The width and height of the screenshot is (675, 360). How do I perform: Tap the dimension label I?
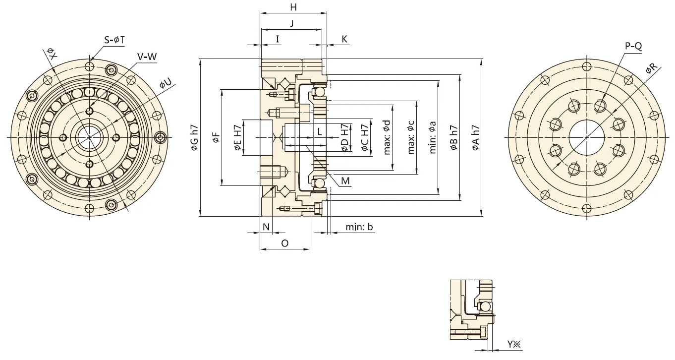point(278,39)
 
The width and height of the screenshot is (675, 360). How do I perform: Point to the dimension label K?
point(344,39)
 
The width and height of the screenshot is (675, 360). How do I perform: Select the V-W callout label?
point(147,57)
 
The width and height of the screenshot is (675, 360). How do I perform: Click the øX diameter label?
point(52,53)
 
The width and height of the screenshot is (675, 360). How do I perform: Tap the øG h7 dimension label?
point(194,137)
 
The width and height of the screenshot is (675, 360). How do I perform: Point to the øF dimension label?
point(216,137)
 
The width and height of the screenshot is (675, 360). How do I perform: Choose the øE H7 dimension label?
point(237,137)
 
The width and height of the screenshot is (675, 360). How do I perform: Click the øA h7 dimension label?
point(476,137)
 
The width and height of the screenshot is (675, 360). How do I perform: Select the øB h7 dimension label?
point(453,137)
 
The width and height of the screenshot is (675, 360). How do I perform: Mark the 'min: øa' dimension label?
point(432,137)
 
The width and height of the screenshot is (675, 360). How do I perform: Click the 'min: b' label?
point(359,227)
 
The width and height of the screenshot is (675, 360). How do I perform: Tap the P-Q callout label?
point(633,46)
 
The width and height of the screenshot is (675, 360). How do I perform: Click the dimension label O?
point(284,243)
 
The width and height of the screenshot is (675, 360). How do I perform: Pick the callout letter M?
point(345,181)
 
